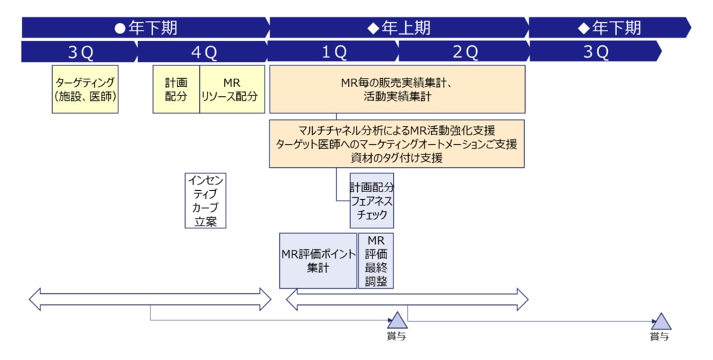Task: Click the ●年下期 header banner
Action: pyautogui.click(x=146, y=28)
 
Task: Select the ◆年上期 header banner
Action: pyautogui.click(x=399, y=28)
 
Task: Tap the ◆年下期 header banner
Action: pyautogui.click(x=609, y=28)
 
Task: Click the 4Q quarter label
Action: pyautogui.click(x=203, y=52)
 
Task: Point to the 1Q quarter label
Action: pyautogui.click(x=333, y=52)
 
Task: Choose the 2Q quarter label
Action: pyautogui.click(x=464, y=52)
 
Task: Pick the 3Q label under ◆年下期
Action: pyautogui.click(x=595, y=52)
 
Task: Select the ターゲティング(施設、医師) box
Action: pyautogui.click(x=86, y=89)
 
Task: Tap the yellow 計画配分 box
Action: pyautogui.click(x=176, y=89)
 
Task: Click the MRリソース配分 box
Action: pyautogui.click(x=232, y=89)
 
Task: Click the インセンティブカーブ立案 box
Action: pyautogui.click(x=206, y=201)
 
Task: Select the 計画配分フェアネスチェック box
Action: pyautogui.click(x=372, y=201)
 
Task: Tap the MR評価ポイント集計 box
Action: pyautogui.click(x=318, y=260)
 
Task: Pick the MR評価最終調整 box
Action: pyautogui.click(x=375, y=260)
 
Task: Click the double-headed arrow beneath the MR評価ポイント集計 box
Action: pyautogui.click(x=407, y=299)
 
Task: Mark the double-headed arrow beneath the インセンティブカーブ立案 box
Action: pyautogui.click(x=150, y=299)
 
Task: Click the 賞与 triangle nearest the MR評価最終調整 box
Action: pyautogui.click(x=397, y=321)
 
